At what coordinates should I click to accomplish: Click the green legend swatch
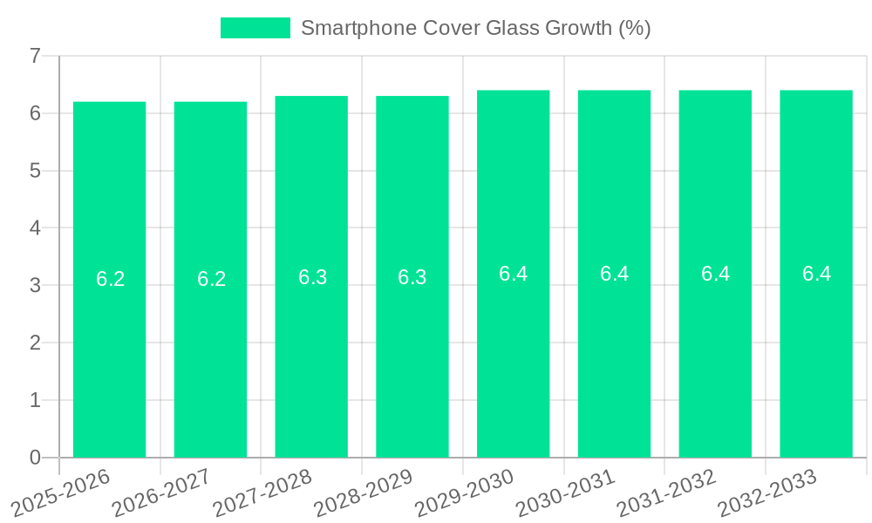(255, 28)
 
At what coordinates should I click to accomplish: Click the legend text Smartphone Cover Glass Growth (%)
(475, 28)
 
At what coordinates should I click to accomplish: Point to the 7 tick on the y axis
(35, 56)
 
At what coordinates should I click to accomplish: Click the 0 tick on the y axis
(35, 458)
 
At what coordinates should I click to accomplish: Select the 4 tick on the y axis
(35, 228)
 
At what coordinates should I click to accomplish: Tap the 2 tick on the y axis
(35, 343)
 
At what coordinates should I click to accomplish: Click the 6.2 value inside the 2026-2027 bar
(211, 279)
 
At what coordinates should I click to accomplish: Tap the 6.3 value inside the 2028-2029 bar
(412, 277)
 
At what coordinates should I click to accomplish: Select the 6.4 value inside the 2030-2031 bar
(615, 274)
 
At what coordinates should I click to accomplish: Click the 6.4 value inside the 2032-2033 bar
(816, 274)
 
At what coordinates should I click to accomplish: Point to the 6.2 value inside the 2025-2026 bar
(110, 279)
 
